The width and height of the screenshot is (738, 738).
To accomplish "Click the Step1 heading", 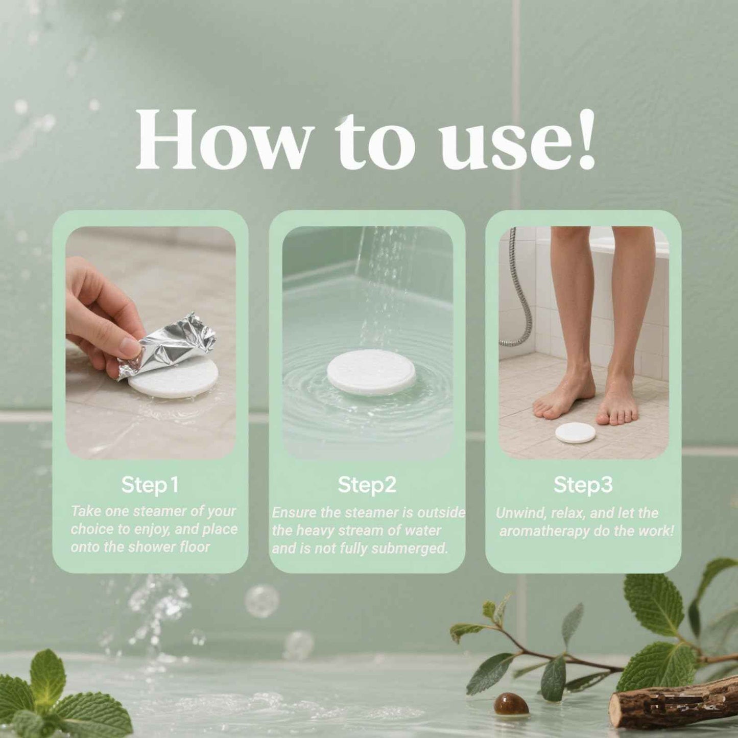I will (x=150, y=485).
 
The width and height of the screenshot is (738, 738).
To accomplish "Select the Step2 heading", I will (x=367, y=485).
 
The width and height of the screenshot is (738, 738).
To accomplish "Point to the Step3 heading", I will (x=583, y=485).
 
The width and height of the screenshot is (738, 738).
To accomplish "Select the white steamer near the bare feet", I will (x=576, y=433).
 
